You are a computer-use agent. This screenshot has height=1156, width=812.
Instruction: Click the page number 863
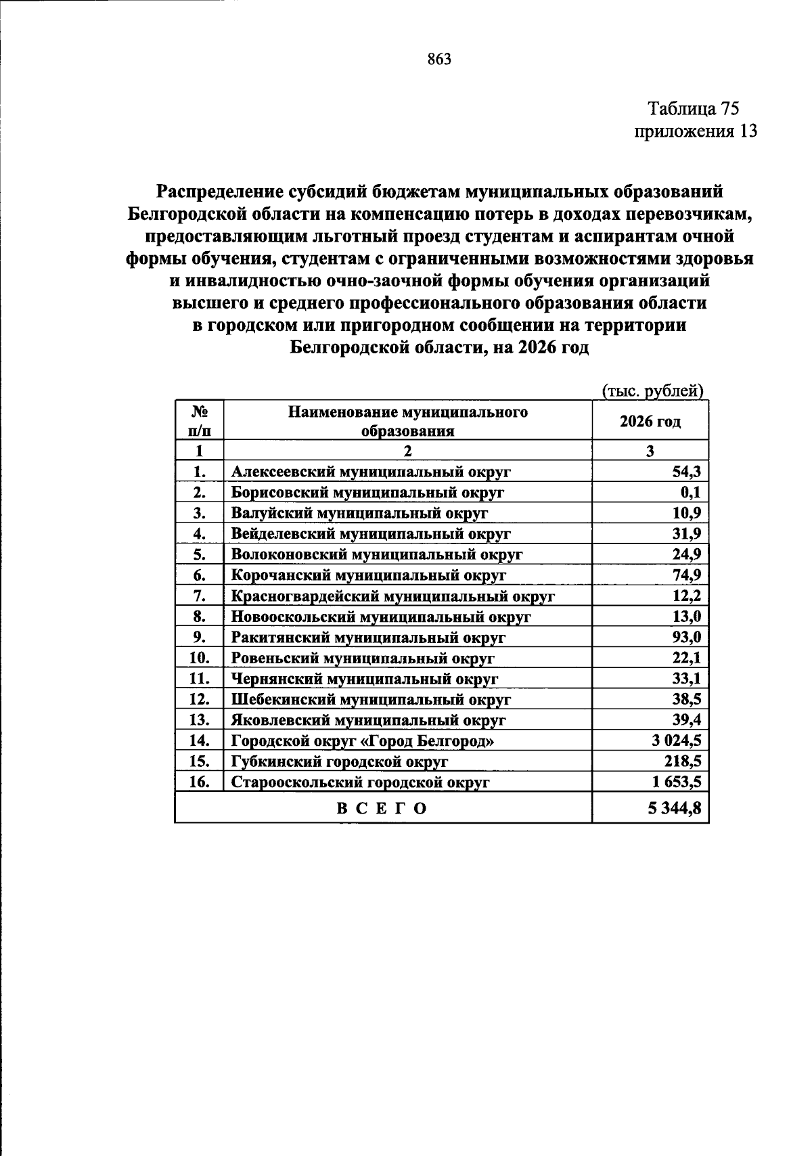pyautogui.click(x=439, y=59)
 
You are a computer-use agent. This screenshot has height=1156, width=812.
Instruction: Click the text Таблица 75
pyautogui.click(x=694, y=108)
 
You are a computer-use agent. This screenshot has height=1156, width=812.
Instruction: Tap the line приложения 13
pyautogui.click(x=695, y=131)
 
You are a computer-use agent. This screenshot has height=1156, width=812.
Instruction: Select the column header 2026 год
pyautogui.click(x=650, y=422)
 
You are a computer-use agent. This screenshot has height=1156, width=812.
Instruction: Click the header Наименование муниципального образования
pyautogui.click(x=407, y=421)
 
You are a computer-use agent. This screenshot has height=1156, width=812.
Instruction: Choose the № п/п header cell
pyautogui.click(x=199, y=421)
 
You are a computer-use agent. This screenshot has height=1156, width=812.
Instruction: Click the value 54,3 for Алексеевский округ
pyautogui.click(x=686, y=472)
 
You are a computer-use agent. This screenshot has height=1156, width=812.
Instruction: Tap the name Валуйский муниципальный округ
pyautogui.click(x=359, y=513)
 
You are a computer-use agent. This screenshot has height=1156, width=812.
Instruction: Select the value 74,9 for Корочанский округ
pyautogui.click(x=686, y=575)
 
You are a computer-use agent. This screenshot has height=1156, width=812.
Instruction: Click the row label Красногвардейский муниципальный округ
pyautogui.click(x=392, y=596)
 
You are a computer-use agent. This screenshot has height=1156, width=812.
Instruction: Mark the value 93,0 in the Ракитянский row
pyautogui.click(x=686, y=638)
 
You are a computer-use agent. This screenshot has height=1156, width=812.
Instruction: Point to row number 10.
pyautogui.click(x=199, y=658)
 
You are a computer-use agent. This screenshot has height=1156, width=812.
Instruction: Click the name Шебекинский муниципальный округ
pyautogui.click(x=371, y=699)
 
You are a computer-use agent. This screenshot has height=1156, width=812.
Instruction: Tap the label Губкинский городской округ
pyautogui.click(x=340, y=761)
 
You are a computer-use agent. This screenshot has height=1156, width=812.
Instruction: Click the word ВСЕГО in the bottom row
pyautogui.click(x=382, y=808)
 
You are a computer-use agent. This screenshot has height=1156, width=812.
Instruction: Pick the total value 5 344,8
pyautogui.click(x=674, y=808)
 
